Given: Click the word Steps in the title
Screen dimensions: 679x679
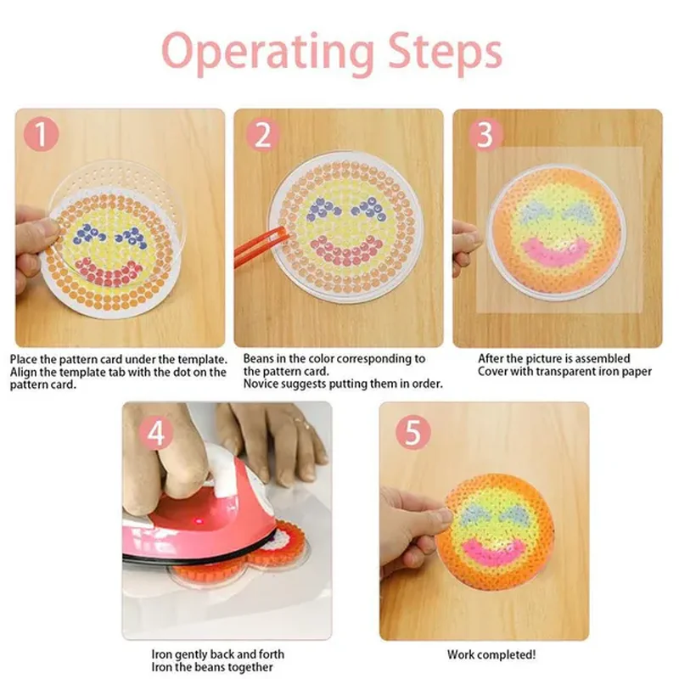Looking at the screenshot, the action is click(x=445, y=52).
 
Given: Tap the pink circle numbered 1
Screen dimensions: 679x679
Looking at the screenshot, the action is click(x=41, y=134).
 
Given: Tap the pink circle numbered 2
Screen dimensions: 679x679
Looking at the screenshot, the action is click(x=263, y=135).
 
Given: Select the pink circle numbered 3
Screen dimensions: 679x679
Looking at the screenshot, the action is click(x=485, y=135).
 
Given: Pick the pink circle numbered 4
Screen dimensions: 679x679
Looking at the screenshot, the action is click(x=157, y=433).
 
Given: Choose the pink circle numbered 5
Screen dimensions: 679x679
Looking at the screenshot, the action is click(x=412, y=432).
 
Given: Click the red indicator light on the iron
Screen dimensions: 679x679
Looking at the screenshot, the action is click(x=199, y=520).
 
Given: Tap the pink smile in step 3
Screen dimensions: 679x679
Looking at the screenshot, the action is click(x=556, y=252).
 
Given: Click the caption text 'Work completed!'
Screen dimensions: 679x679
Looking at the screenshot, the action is click(x=491, y=654).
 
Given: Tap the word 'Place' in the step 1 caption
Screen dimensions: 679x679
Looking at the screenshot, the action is click(x=24, y=359).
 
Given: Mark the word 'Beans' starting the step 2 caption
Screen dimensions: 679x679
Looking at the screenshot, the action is click(x=258, y=358).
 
